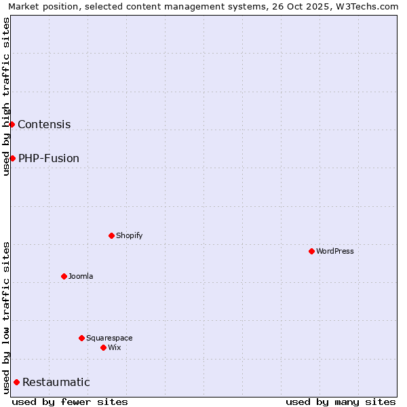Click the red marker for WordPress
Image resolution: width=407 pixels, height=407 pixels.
point(311,251)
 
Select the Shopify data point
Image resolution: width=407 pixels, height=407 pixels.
point(111,235)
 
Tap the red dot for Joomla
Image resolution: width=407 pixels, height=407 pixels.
point(64,276)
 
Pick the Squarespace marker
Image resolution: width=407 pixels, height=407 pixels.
point(81,338)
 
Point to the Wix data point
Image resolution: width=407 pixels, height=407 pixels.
point(103,347)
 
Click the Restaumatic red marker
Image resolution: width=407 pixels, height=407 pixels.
point(16,382)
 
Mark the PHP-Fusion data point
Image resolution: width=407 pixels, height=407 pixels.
point(12,158)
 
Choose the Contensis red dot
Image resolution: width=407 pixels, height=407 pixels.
point(12,124)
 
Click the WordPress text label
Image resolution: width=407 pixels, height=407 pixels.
point(335,251)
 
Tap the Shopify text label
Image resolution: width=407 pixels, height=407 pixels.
point(129,235)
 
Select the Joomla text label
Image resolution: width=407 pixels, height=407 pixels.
point(81,276)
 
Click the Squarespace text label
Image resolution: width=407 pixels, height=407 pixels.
point(109,338)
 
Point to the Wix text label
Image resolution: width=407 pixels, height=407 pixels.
point(114,347)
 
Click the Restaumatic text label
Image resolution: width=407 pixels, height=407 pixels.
point(56,382)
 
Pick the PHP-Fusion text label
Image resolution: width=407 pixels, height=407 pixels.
point(49,158)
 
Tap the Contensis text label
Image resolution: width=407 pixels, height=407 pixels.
point(44,124)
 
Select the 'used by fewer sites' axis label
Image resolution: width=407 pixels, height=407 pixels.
point(70,402)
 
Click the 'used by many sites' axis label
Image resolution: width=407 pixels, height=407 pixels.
point(341,402)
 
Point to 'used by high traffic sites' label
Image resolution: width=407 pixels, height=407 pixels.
point(7,96)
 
